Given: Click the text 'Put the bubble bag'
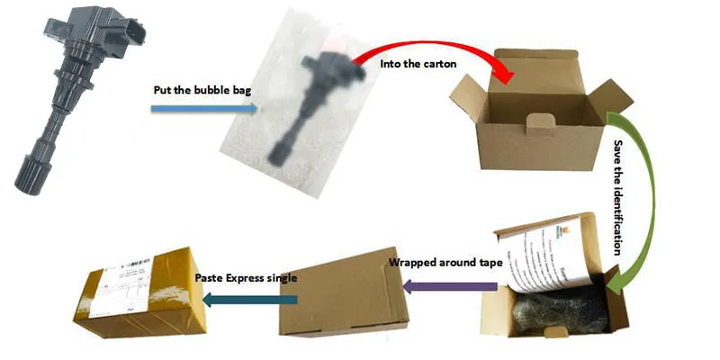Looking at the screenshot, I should coord(193,90).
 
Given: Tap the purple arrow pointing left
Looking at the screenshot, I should coord(449,286).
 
